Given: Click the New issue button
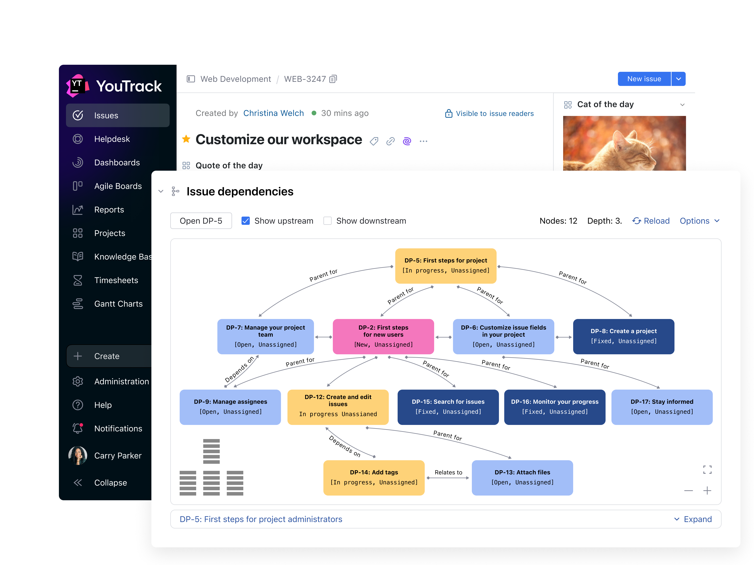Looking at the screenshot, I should (x=644, y=79).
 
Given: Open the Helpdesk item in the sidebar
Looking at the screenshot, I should (x=112, y=139).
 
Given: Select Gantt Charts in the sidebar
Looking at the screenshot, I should (x=118, y=304).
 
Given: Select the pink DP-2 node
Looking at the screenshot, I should (x=383, y=336).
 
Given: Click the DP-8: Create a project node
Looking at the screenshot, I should (x=623, y=336).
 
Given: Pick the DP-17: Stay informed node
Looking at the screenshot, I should (x=662, y=407).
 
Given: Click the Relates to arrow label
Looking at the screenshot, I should (x=448, y=472).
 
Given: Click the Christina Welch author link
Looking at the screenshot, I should (x=273, y=113).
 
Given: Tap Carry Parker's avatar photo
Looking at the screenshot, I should (x=78, y=455).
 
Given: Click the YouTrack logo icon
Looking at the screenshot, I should (x=78, y=86).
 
